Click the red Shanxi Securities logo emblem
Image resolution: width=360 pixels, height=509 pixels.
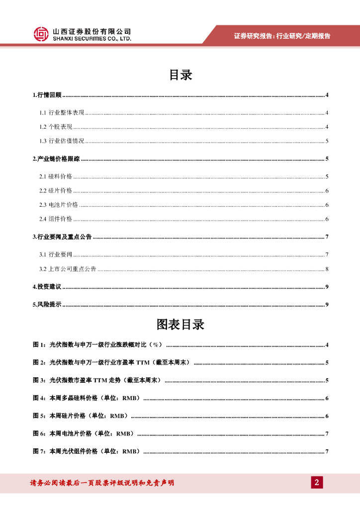[41, 34]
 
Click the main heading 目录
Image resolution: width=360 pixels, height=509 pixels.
[180, 75]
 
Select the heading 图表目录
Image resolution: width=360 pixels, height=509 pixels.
[180, 325]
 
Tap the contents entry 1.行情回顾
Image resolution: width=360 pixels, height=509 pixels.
[47, 95]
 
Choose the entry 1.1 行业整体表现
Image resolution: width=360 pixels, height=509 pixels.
[62, 113]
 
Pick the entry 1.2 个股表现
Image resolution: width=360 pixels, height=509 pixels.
[56, 127]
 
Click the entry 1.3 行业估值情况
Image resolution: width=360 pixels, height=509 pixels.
[62, 141]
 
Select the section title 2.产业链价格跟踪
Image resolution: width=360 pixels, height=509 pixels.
[56, 159]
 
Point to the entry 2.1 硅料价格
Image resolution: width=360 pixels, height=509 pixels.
[56, 176]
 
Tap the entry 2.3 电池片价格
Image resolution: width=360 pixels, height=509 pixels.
[59, 205]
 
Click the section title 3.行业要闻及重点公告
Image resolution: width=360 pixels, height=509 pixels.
[62, 237]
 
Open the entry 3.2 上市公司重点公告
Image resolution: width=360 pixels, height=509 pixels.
[68, 269]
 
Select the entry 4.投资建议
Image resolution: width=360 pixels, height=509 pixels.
[47, 287]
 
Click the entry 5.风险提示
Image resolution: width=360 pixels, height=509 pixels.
[47, 305]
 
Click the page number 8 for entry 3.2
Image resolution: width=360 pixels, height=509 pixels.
[326, 269]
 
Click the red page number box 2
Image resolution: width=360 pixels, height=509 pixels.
[317, 482]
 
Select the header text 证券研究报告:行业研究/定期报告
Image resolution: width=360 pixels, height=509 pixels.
[282, 36]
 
